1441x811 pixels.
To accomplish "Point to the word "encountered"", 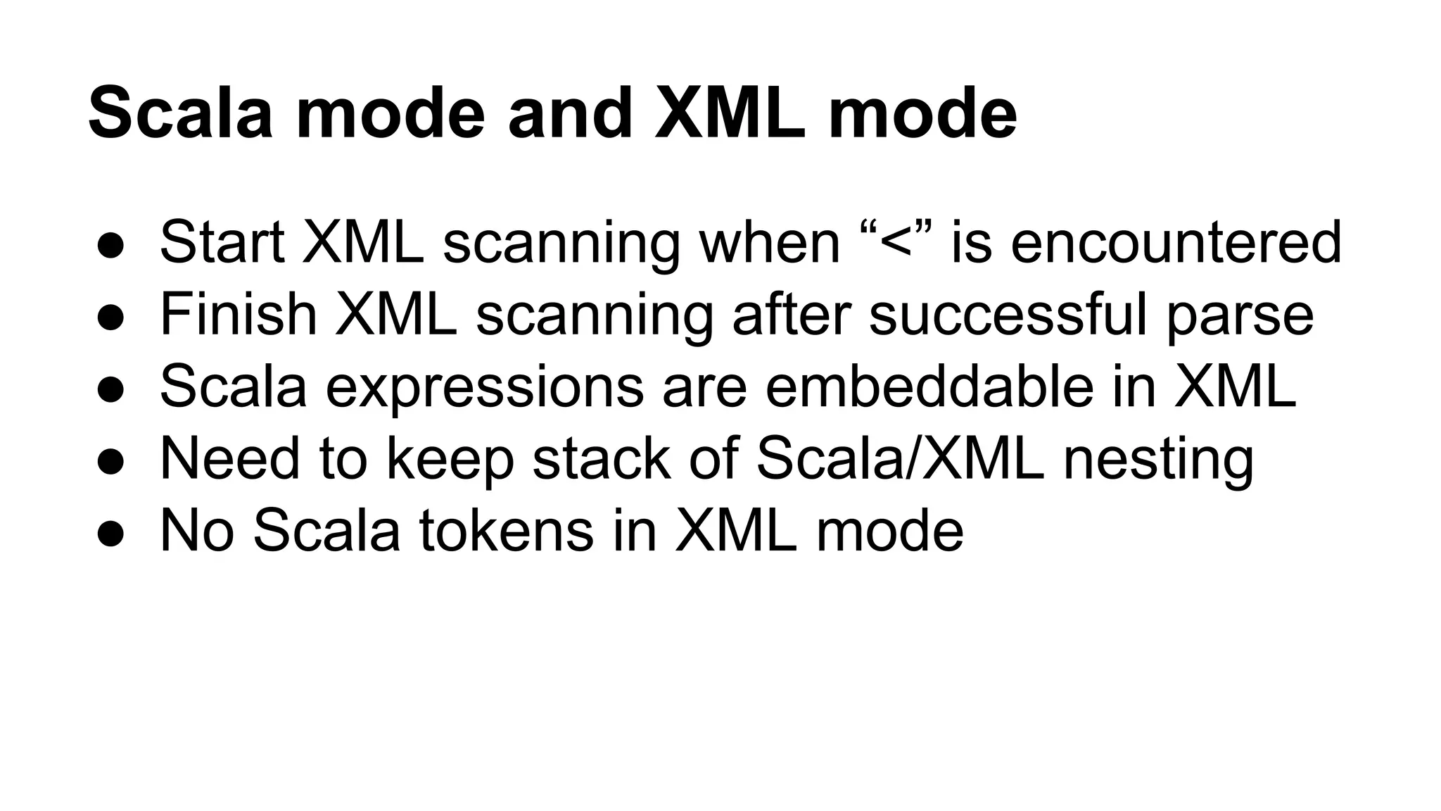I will [x=1176, y=243].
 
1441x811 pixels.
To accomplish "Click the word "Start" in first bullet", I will [x=222, y=243].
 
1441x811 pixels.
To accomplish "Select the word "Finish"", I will [x=239, y=315].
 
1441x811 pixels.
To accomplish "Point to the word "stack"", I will [x=602, y=459].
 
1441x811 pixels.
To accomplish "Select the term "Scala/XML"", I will [x=900, y=459].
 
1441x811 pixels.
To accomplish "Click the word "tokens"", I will [x=507, y=531].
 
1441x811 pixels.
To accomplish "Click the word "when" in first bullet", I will [x=770, y=243].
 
